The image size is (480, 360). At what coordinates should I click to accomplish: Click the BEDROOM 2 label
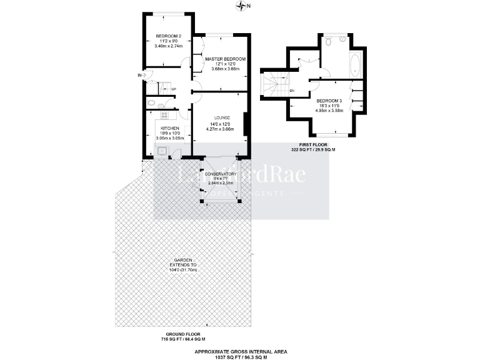coord(168,36)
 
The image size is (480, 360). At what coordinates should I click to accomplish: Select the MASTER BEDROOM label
coord(225,59)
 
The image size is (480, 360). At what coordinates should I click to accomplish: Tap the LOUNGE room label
coord(222,117)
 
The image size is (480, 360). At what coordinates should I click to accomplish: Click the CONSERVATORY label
coord(220,174)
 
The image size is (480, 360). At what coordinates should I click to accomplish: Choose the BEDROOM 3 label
coord(329,101)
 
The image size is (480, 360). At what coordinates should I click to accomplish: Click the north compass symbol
coord(242,6)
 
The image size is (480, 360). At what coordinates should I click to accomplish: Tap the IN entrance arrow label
coord(140,76)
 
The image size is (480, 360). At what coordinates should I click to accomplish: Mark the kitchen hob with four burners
coord(164,115)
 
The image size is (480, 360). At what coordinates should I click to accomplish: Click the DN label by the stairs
coord(291,91)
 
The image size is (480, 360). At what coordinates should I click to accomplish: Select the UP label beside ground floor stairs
coord(173,88)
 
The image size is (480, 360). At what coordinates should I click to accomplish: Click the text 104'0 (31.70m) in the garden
coord(183,270)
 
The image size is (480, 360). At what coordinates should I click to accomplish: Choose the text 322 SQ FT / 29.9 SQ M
coord(313,150)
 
